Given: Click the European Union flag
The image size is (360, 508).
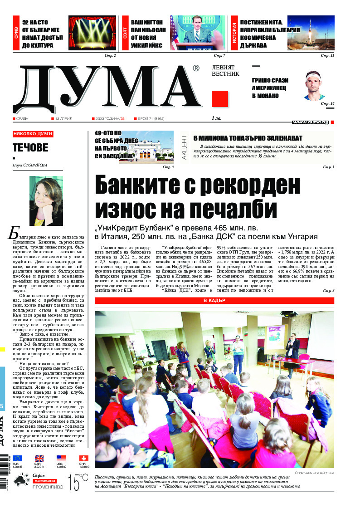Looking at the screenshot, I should [17, 459].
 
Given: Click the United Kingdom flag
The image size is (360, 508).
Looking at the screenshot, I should [39, 459].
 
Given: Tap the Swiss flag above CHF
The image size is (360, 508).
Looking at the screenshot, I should [83, 459].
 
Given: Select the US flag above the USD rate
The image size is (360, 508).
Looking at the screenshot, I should [61, 459].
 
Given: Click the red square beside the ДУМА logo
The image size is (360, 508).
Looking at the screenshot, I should [219, 98].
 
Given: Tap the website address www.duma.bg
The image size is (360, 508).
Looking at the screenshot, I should [310, 122].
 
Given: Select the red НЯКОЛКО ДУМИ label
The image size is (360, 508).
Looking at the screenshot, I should [33, 134].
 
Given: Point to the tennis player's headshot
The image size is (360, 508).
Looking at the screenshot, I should [314, 86].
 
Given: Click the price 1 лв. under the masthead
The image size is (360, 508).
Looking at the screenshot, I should [216, 119].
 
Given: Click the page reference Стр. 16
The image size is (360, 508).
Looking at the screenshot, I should [327, 104].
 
